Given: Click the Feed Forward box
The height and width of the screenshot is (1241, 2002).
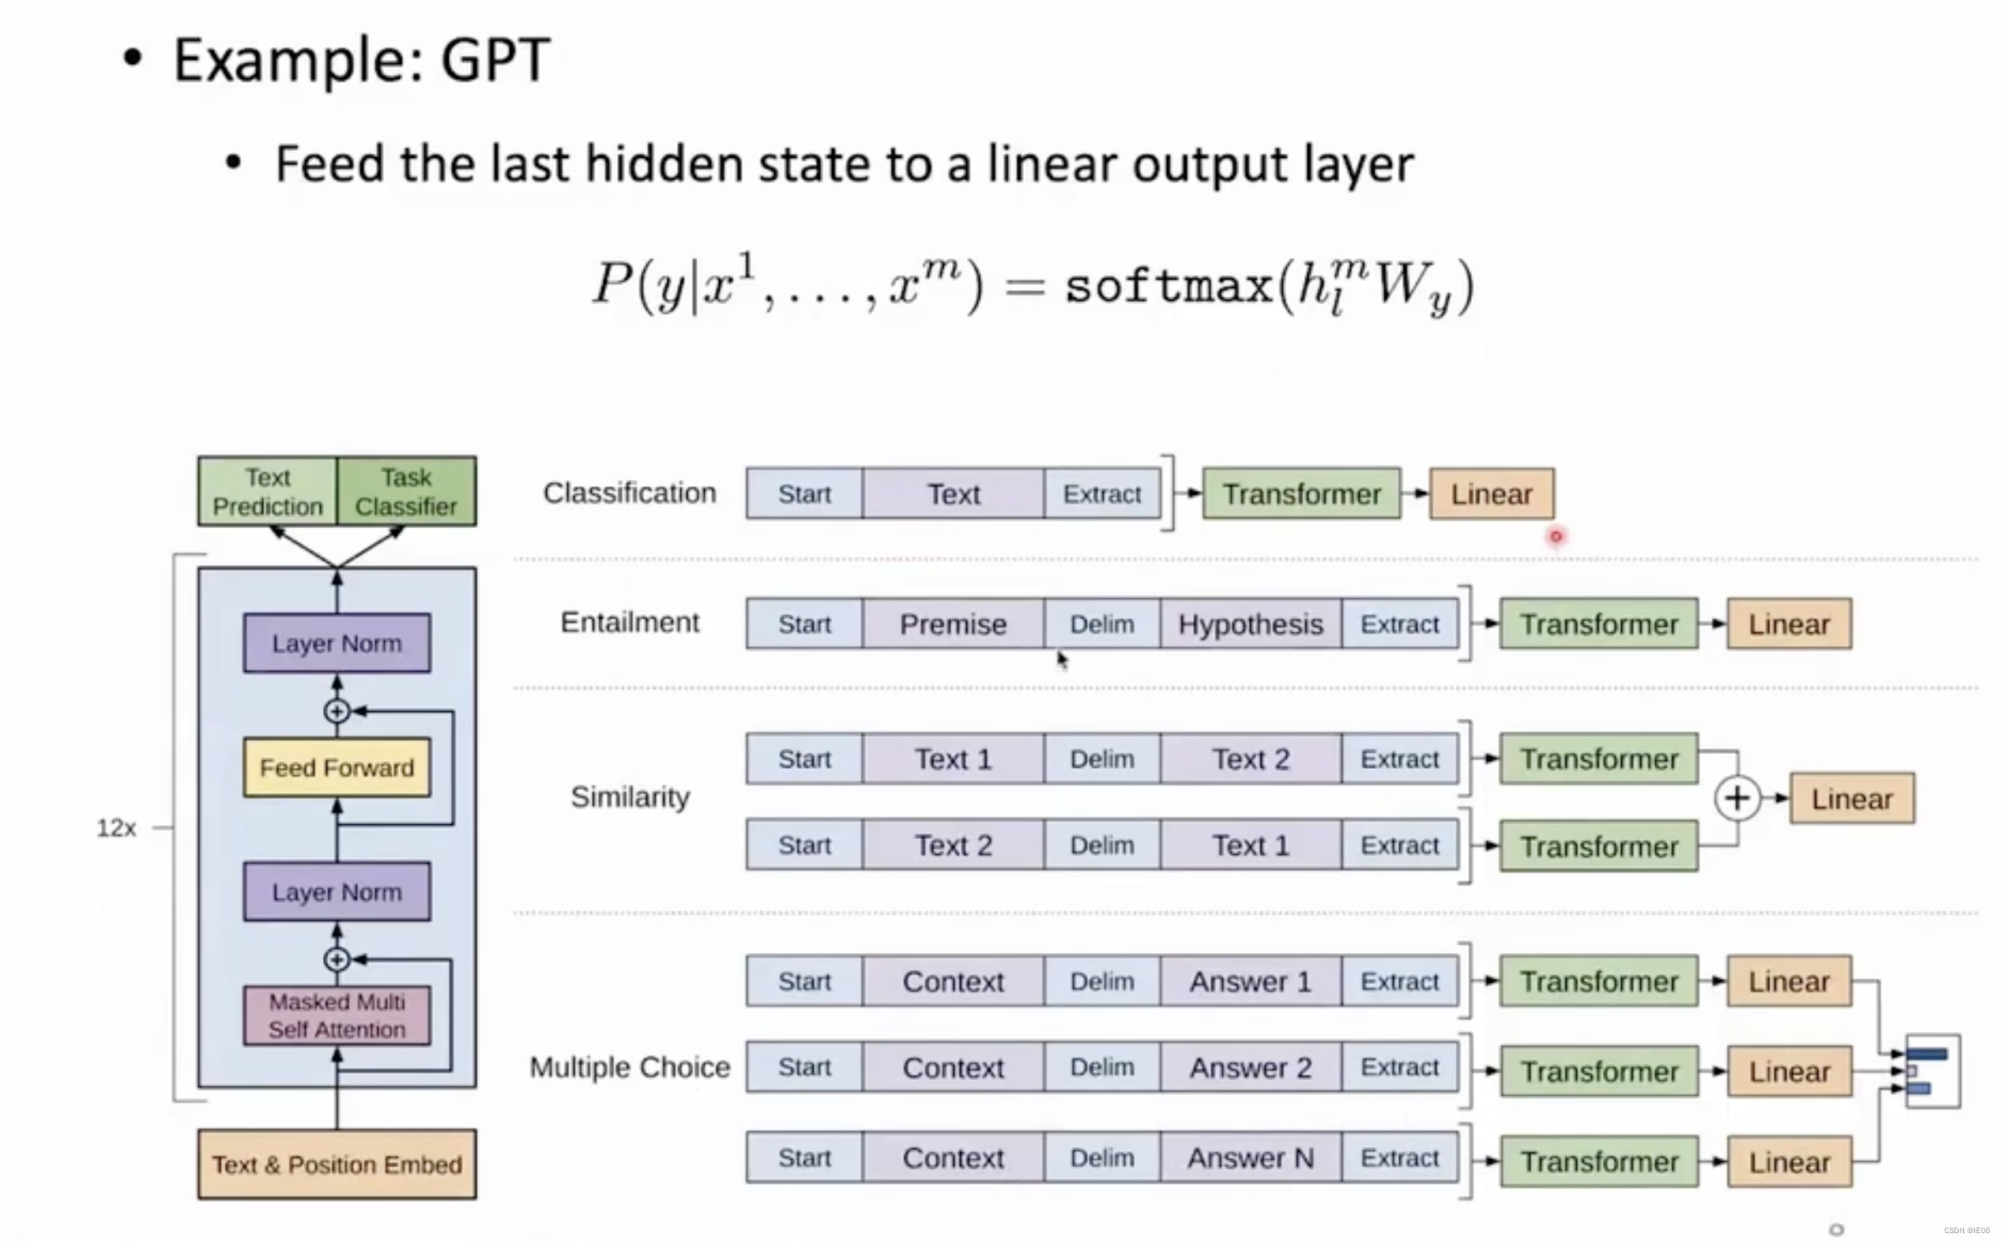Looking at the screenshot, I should click(337, 767).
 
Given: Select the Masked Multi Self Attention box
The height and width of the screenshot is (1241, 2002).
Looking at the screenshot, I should click(337, 1015).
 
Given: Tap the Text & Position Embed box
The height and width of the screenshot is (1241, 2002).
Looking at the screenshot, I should click(337, 1164).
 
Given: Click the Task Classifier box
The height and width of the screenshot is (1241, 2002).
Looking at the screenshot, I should click(406, 492).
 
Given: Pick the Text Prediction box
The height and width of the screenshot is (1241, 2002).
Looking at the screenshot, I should click(268, 492).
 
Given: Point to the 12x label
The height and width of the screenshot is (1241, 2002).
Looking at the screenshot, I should click(116, 828).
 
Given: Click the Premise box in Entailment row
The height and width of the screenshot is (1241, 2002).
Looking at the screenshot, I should click(953, 624).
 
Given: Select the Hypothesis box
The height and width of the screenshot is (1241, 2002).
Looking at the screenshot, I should click(1251, 624).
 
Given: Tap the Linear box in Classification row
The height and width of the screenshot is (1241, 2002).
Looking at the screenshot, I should click(1492, 494).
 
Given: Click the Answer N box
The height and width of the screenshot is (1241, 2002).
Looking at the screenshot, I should click(1251, 1158).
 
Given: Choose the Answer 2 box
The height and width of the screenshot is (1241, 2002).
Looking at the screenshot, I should click(1251, 1068).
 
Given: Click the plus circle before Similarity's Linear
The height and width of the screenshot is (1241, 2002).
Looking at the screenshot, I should click(1737, 798).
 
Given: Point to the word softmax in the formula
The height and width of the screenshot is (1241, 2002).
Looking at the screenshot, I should click(1168, 287).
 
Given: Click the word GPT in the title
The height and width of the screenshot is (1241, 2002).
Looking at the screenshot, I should click(495, 60).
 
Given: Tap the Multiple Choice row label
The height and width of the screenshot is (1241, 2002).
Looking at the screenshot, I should click(630, 1067).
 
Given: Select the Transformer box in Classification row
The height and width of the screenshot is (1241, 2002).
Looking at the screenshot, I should click(1301, 494).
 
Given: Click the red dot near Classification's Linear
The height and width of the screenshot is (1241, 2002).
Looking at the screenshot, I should click(1556, 537).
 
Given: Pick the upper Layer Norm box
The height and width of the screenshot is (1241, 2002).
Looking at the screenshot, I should click(337, 643).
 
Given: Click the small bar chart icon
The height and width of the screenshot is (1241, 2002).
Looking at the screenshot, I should click(1932, 1071).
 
